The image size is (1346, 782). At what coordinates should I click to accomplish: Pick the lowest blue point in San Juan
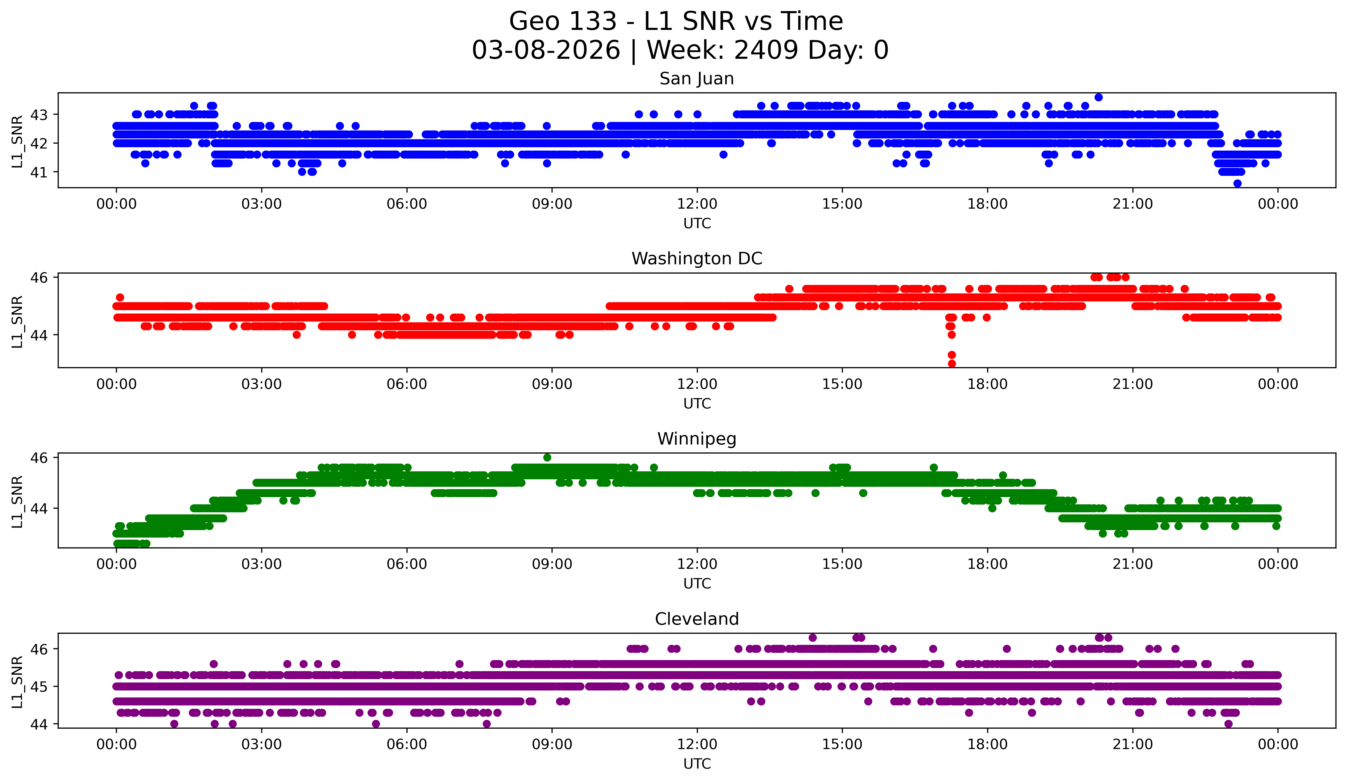click(x=1238, y=183)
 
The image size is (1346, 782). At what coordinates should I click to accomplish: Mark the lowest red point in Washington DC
click(x=952, y=364)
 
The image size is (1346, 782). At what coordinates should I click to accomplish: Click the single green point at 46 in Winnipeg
click(x=547, y=458)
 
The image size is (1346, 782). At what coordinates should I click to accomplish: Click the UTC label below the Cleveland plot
click(x=697, y=764)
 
